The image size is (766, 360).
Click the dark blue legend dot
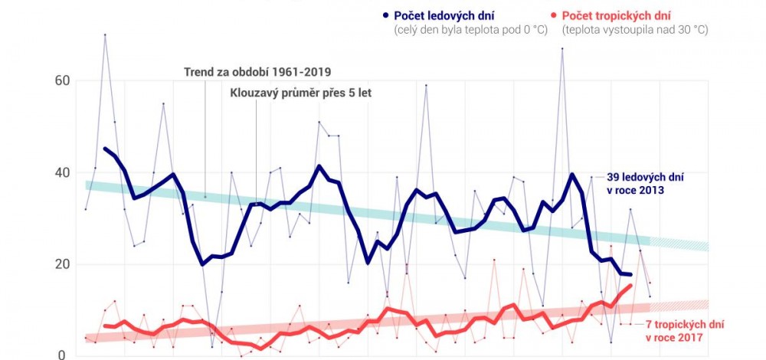tap(385, 15)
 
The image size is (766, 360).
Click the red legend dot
tap(554, 15)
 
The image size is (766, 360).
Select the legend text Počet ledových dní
tap(444, 15)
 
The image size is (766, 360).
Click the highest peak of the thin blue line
tap(105, 34)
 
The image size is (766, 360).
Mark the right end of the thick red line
tap(630, 286)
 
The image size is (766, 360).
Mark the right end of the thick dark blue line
tap(630, 274)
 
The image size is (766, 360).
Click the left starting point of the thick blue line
tap(105, 149)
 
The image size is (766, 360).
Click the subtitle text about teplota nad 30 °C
tap(634, 31)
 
